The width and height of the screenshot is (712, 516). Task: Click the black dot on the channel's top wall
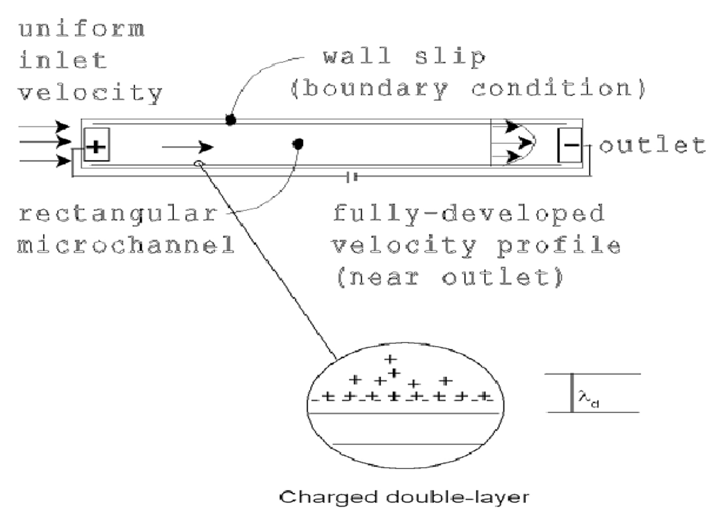(x=230, y=120)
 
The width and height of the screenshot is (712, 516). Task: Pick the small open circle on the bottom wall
(x=199, y=164)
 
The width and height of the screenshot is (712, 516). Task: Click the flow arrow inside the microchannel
(x=188, y=147)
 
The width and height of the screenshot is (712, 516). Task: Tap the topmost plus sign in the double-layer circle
(x=390, y=360)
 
